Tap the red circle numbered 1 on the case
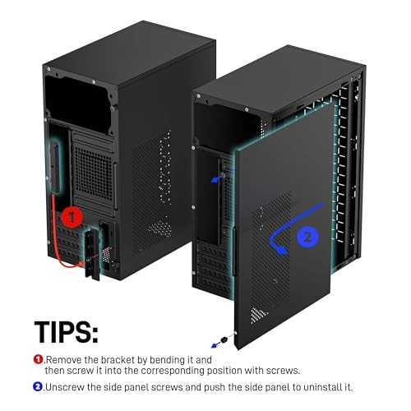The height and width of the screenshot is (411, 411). click(71, 219)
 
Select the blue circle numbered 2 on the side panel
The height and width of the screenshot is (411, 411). click(307, 236)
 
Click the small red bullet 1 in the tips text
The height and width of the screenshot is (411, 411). click(38, 358)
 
